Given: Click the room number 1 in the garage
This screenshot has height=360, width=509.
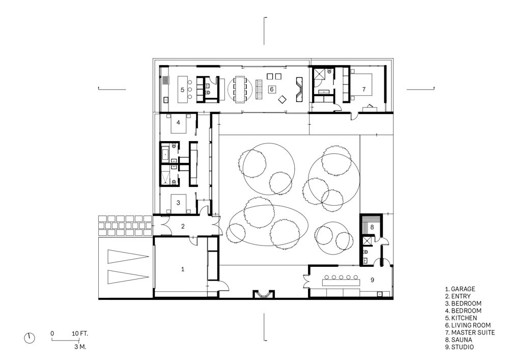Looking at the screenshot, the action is (183, 269).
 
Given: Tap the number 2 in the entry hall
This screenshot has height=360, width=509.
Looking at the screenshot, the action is (183, 226).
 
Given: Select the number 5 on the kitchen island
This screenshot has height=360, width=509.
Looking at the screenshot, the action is (182, 90).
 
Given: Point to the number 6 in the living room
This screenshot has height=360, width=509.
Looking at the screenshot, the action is (272, 89).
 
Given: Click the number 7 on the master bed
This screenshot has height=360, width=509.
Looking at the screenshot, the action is (364, 89).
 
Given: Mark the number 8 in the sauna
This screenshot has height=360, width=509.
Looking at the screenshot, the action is (373, 227).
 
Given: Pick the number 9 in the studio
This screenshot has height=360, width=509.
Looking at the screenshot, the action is (373, 280).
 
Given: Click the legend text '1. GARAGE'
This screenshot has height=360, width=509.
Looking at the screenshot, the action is (460, 289).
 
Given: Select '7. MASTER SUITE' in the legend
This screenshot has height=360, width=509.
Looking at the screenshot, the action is (470, 333).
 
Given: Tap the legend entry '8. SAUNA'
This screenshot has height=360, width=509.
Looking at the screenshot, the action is (459, 340).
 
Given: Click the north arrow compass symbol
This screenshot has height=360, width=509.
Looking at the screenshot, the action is (29, 338).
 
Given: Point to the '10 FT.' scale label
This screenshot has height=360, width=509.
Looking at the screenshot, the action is (80, 334).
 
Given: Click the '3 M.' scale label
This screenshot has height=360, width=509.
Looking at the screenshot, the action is (80, 347).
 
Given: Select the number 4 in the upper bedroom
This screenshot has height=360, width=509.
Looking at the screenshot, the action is (178, 122).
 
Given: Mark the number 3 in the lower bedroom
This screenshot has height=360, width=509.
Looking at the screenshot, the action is (178, 203).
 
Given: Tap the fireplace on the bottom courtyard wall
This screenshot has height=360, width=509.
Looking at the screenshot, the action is (264, 294).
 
